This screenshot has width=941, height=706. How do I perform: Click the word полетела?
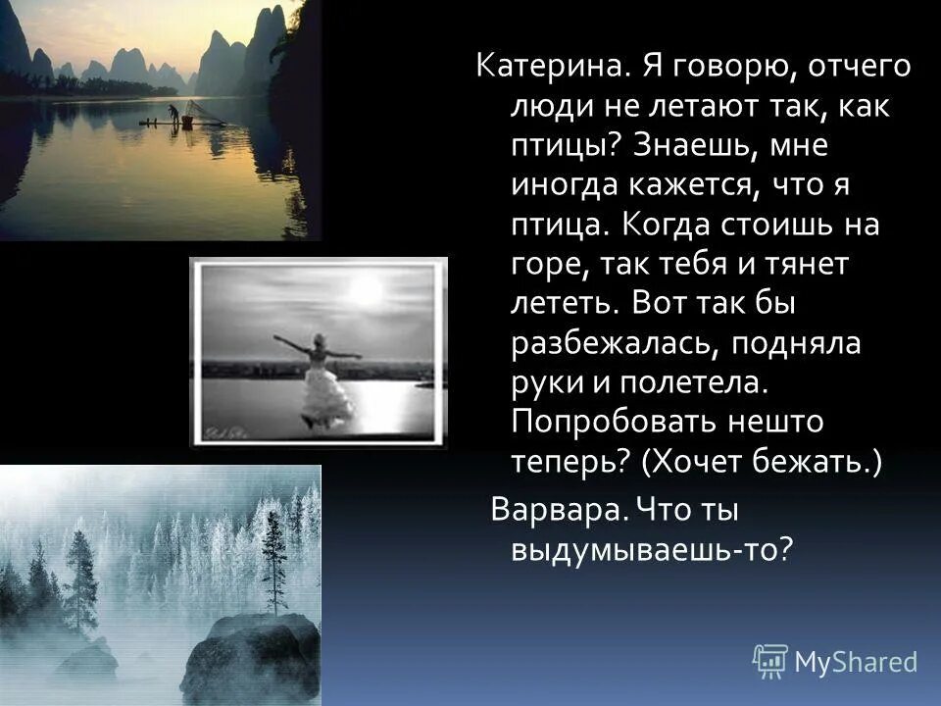tap(688, 382)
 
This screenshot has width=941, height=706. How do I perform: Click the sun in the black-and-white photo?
tap(366, 290)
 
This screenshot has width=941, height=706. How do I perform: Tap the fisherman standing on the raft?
tap(173, 114)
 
